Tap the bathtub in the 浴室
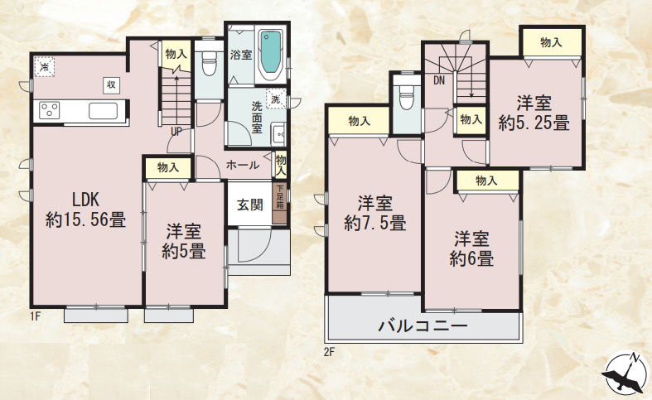click(x=270, y=55)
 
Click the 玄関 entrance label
click(x=249, y=205)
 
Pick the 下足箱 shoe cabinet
click(x=280, y=204)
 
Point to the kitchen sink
click(x=104, y=111)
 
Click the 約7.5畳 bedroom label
click(x=374, y=212)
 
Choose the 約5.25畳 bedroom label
click(x=534, y=113)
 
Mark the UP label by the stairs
click(x=177, y=130)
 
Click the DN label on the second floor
click(x=438, y=80)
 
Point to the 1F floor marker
click(x=36, y=315)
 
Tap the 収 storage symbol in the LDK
click(x=110, y=84)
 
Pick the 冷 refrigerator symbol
click(x=43, y=65)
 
